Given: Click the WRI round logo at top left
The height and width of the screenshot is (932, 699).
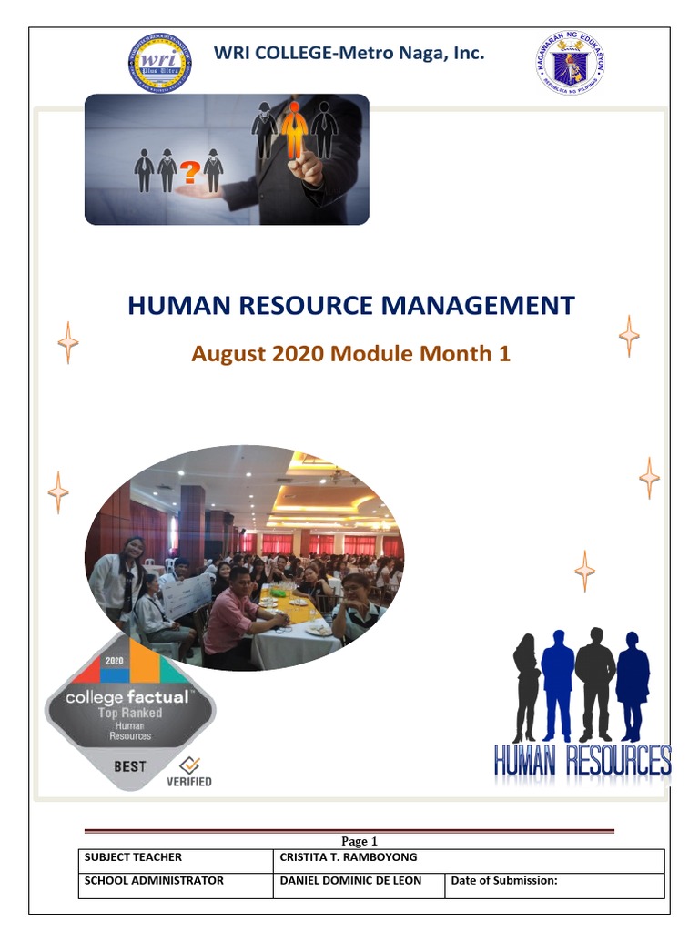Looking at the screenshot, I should [159, 64].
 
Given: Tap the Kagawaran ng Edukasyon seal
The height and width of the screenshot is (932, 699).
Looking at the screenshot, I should [570, 63].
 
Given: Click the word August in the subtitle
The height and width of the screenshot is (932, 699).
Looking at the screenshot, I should [228, 354].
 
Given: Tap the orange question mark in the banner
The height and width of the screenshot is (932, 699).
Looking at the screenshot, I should [190, 171].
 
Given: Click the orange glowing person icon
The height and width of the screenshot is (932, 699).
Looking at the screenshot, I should [293, 130].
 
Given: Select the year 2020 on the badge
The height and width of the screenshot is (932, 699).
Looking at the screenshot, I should [114, 661].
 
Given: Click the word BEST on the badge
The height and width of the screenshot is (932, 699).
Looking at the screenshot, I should [130, 766].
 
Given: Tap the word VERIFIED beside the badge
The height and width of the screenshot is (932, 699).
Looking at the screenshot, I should [189, 781].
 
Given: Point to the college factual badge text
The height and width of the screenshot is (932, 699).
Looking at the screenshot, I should [127, 698].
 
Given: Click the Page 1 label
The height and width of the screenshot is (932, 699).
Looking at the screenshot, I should [359, 841].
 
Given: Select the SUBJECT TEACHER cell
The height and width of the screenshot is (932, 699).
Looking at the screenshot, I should [133, 857].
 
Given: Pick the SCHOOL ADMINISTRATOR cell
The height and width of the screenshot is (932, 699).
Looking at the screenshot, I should [154, 881].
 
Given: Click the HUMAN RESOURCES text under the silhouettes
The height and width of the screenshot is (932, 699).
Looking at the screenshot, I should [582, 760].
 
